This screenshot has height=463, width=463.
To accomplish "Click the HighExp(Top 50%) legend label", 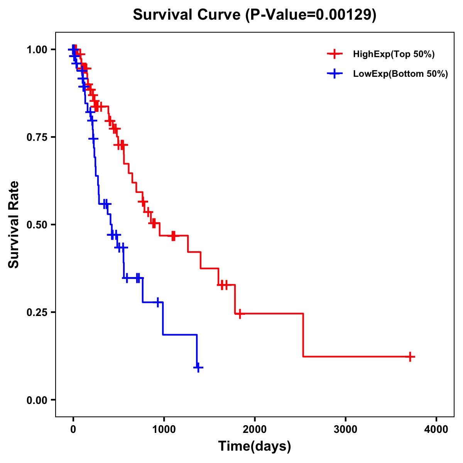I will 394,54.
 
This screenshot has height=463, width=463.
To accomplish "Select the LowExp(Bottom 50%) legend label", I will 400,74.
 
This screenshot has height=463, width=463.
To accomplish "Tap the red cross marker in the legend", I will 335,54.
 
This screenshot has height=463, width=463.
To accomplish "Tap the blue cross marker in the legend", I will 335,74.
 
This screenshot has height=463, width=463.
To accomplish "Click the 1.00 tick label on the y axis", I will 37,50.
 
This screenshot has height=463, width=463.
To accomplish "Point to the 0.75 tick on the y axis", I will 37,137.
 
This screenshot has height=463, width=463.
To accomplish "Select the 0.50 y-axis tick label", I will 37,225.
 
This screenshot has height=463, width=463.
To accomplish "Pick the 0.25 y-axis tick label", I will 37,313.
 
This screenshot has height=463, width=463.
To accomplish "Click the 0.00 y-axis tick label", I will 37,400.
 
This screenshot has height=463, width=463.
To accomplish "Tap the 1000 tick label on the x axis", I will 164,429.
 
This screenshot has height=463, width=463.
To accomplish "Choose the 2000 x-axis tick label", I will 255,429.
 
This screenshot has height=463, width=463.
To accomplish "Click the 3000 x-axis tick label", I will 345,429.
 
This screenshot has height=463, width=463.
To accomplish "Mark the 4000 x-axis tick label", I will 436,429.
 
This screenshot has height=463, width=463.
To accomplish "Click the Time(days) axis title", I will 254,446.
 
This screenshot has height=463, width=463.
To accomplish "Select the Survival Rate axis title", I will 14,224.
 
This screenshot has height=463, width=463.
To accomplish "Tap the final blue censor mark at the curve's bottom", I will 198,368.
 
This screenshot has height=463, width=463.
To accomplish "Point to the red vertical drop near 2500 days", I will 303,335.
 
